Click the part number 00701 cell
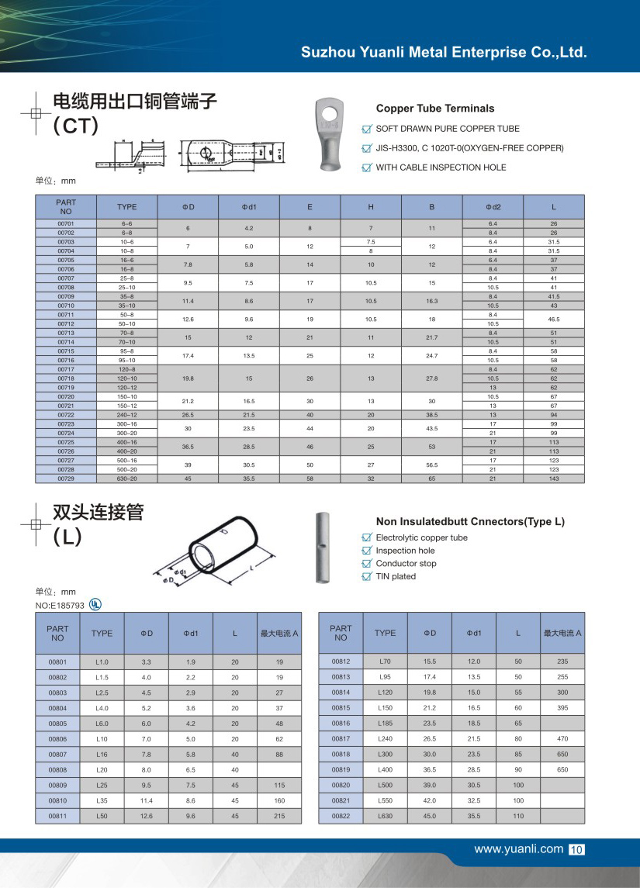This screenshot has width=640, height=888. (65, 223)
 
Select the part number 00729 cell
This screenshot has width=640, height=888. (65, 479)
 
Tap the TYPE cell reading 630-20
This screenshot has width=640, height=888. (126, 479)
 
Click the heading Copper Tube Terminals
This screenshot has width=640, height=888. (434, 109)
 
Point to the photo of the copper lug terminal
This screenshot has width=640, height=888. (329, 133)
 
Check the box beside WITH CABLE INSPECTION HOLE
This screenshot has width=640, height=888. (368, 168)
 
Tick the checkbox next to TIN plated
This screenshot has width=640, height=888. (368, 577)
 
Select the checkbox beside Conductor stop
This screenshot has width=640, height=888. (368, 564)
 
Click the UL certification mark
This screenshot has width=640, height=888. (95, 604)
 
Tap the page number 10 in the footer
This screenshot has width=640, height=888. (576, 850)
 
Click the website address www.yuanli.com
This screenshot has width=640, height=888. (518, 849)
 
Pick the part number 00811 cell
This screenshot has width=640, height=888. (58, 816)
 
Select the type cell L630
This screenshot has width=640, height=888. (385, 816)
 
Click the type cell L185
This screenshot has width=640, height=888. (385, 723)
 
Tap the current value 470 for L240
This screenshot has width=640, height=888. (562, 738)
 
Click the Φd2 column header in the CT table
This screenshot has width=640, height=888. (493, 207)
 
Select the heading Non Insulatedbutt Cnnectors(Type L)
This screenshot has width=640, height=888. (470, 522)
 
